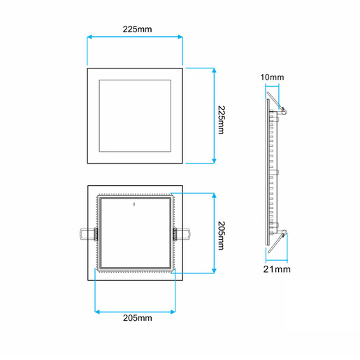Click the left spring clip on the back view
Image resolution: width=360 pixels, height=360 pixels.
tap(85, 233)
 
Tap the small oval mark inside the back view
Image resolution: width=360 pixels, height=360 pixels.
tap(134, 206)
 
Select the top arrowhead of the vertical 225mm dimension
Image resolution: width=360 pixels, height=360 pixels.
tap(213, 70)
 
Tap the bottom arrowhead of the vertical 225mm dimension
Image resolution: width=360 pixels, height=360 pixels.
tap(213, 161)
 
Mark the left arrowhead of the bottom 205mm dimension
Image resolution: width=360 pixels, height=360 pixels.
tap(96, 309)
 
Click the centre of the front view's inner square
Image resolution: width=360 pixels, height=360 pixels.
tap(135, 115)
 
